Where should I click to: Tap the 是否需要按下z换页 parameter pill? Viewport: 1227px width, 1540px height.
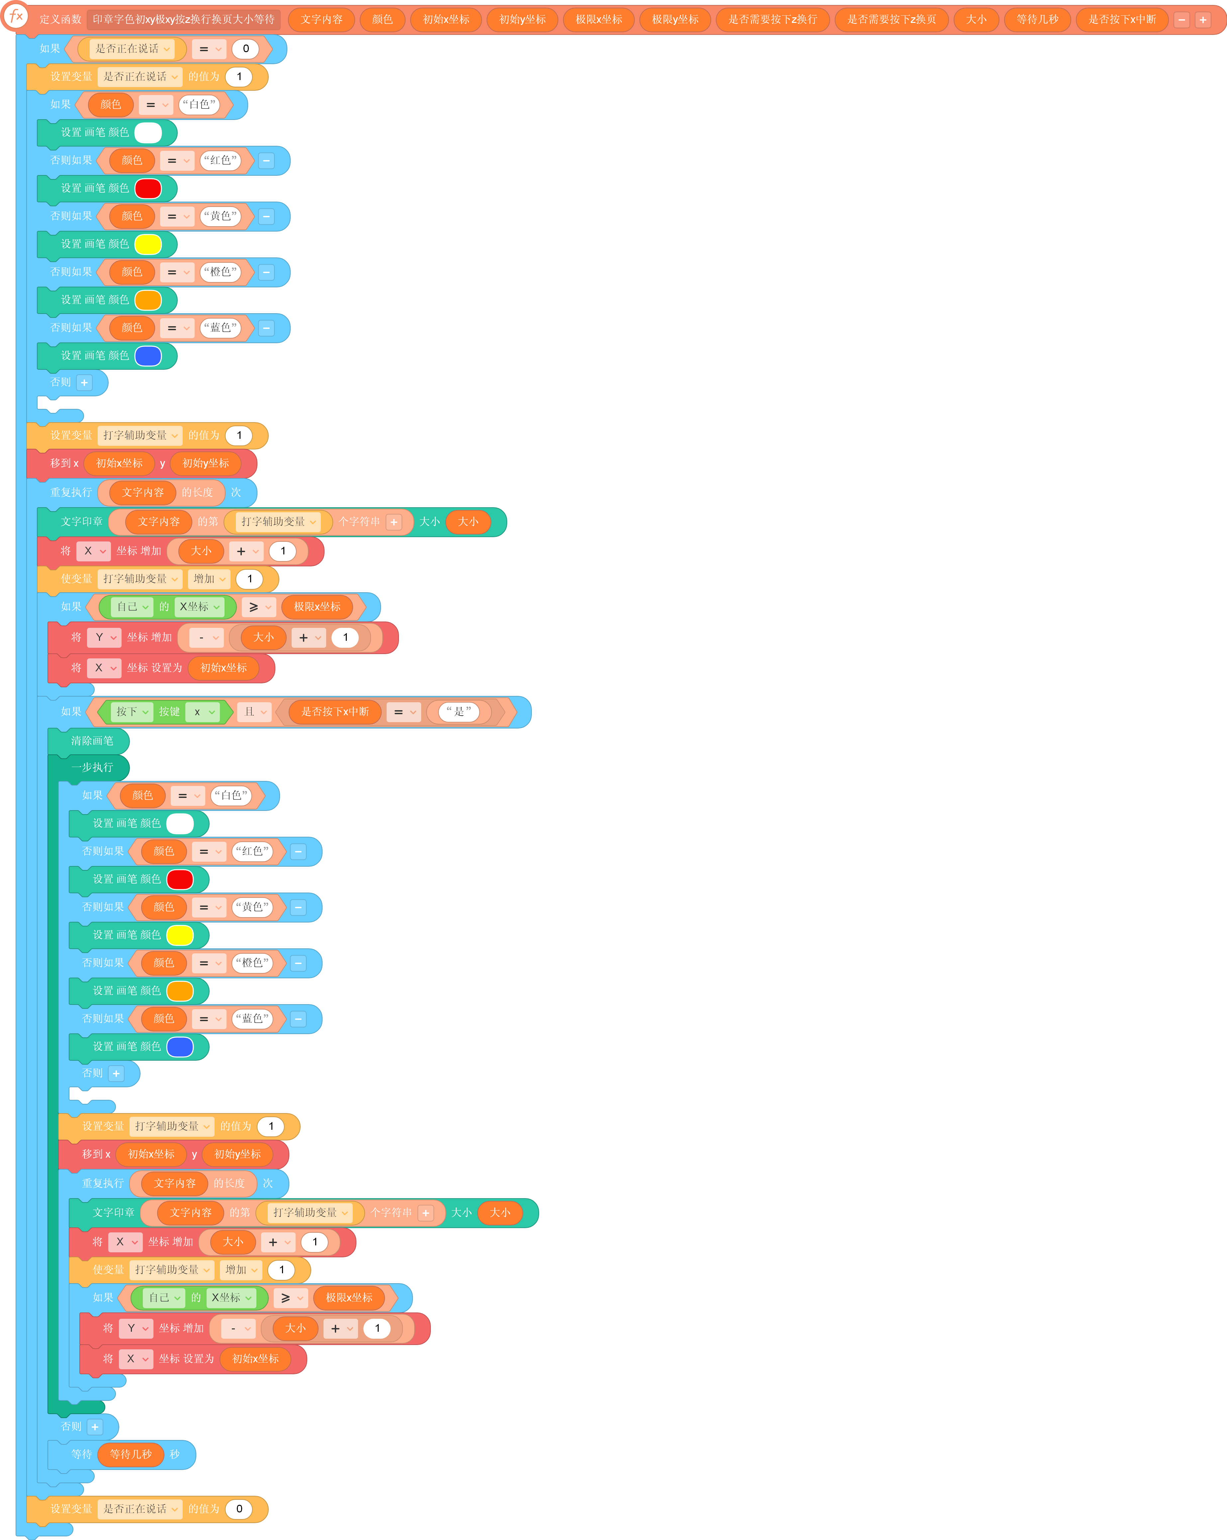pyautogui.click(x=891, y=19)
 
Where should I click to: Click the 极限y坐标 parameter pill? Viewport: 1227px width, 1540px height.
pyautogui.click(x=675, y=19)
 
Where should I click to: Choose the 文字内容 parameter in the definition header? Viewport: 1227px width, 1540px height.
pyautogui.click(x=322, y=19)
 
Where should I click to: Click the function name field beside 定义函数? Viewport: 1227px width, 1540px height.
pyautogui.click(x=184, y=19)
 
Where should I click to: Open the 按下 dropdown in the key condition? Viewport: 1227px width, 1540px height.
pyautogui.click(x=132, y=712)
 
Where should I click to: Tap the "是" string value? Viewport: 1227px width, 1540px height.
pyautogui.click(x=458, y=712)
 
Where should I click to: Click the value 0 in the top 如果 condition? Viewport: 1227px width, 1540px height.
pyautogui.click(x=246, y=48)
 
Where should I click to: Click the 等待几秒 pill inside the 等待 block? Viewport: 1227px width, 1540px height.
pyautogui.click(x=131, y=1454)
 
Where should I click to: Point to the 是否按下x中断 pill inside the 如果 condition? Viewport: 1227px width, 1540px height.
pyautogui.click(x=335, y=712)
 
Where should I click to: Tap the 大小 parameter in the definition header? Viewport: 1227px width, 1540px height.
pyautogui.click(x=976, y=19)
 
